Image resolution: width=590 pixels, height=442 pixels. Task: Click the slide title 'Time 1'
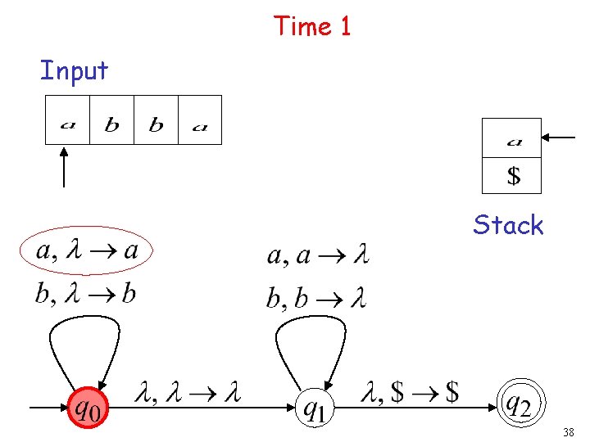pyautogui.click(x=312, y=26)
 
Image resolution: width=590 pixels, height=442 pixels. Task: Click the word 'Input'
pyautogui.click(x=74, y=71)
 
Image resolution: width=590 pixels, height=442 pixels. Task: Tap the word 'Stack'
pyautogui.click(x=508, y=225)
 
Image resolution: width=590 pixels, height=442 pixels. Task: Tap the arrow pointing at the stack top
pyautogui.click(x=560, y=138)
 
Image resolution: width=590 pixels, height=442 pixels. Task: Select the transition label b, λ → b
pyautogui.click(x=85, y=293)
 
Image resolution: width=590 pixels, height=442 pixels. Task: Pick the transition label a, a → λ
pyautogui.click(x=317, y=256)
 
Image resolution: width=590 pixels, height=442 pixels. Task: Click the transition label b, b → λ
pyautogui.click(x=316, y=298)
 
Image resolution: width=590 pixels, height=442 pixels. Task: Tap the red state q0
pyautogui.click(x=87, y=406)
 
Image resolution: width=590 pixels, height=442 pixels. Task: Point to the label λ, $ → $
pyautogui.click(x=410, y=394)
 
